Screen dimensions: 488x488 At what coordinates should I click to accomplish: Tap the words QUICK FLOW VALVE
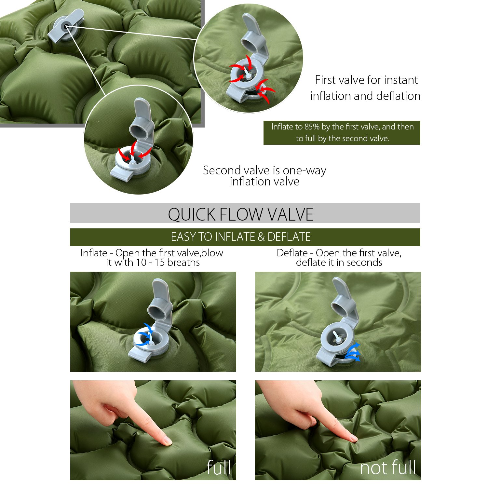(x=241, y=214)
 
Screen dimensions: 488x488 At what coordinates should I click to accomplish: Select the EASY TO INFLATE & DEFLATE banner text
(x=241, y=237)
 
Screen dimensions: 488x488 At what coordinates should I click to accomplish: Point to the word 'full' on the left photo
(x=219, y=468)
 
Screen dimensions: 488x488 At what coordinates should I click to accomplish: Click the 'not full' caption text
(x=388, y=468)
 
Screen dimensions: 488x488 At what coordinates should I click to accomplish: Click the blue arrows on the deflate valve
(x=353, y=353)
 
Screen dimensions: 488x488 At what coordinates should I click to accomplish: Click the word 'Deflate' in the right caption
(x=292, y=253)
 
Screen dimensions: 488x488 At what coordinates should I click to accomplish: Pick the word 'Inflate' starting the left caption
(x=94, y=253)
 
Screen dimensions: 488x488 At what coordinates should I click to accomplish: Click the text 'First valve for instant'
(x=366, y=80)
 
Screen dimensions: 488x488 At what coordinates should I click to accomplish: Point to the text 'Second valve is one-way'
(x=264, y=170)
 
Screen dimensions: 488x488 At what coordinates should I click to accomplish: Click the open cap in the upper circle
(x=252, y=34)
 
